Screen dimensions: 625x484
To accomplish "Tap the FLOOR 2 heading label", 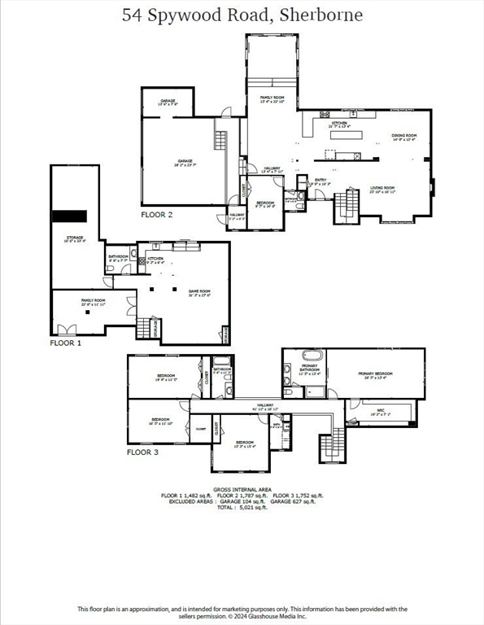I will tap(157, 215).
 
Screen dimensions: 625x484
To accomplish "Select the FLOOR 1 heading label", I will tap(67, 343).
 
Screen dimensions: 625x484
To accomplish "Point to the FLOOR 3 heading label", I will tap(142, 452).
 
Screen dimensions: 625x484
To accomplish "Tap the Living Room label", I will tap(382, 190).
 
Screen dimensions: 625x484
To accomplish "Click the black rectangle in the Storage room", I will tap(69, 216).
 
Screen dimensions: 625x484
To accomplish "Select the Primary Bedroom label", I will tap(376, 375).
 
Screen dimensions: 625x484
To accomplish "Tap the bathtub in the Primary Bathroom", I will tap(312, 356).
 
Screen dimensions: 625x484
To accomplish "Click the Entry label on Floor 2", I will tap(320, 182).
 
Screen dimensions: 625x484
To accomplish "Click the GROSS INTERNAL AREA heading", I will tap(242, 490).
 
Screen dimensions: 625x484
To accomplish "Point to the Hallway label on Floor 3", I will tap(266, 406).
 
